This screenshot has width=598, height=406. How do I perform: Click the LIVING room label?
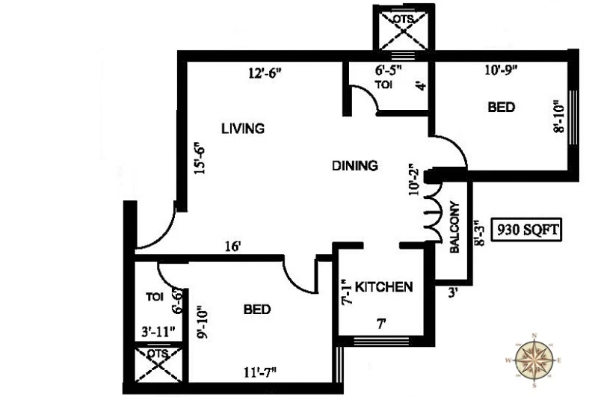coord(243,128)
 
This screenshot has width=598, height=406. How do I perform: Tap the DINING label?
coord(355,165)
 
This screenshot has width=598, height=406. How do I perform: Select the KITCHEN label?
coord(383,286)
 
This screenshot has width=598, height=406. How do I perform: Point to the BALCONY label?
coord(455,227)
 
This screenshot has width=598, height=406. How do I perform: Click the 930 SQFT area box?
coord(526,230)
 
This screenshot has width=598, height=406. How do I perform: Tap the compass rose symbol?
coord(534,360)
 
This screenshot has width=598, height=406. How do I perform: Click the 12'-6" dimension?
coord(265,73)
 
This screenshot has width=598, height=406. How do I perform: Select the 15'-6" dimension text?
coord(200,158)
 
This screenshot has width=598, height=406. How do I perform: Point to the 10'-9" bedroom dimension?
coord(501,70)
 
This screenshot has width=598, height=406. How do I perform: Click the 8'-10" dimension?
coord(558,116)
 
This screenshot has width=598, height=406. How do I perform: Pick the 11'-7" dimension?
coord(259,372)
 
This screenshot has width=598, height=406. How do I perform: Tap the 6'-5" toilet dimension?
coord(389,70)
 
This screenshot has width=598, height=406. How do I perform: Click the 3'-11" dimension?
coord(158,331)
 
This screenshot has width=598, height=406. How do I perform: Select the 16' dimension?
coord(233,247)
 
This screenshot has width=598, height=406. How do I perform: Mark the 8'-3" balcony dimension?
coord(479,232)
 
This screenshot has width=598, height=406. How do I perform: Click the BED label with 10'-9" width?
coord(501,107)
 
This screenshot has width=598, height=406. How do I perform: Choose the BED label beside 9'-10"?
coord(257,309)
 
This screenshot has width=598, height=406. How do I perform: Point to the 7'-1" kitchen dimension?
coord(347,292)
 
